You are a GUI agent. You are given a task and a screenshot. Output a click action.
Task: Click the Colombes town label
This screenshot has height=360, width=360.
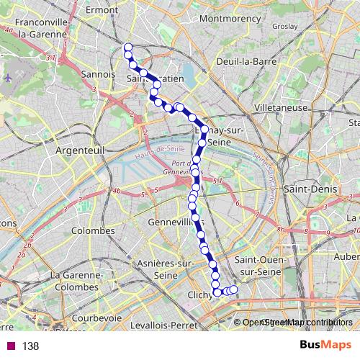point(93,231)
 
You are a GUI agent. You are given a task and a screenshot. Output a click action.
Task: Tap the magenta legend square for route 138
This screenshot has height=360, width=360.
point(10,346)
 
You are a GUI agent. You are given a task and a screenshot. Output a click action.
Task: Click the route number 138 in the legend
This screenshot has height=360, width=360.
point(30,346)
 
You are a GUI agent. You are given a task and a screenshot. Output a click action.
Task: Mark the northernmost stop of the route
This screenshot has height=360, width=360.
point(128,48)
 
